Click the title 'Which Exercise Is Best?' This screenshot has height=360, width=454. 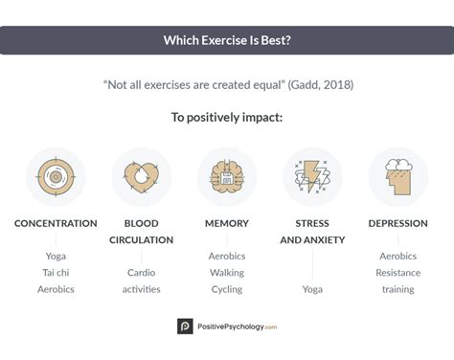tap(227, 40)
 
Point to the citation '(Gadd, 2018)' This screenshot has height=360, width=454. tap(319, 84)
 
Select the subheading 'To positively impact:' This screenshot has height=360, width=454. tap(227, 119)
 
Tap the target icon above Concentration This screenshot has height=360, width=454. tap(56, 176)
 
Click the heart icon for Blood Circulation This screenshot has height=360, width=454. tap(141, 176)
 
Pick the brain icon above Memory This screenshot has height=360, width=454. tap(227, 176)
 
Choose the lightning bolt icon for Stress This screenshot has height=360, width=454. tap(312, 176)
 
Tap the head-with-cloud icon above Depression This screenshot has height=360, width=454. tap(397, 176)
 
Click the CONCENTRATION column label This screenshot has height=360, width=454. tap(56, 223)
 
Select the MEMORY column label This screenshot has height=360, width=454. tap(227, 223)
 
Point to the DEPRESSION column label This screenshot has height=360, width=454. tap(397, 223)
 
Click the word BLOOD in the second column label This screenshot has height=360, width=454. tap(141, 223)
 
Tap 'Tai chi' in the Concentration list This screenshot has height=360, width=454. tap(56, 272)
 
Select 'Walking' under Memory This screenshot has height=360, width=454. tap(227, 272)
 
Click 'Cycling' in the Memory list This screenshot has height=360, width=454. tap(227, 288)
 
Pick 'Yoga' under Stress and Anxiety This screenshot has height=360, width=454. tap(312, 288)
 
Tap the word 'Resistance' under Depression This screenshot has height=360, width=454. tap(397, 272)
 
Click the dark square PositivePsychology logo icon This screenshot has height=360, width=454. tap(185, 326)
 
